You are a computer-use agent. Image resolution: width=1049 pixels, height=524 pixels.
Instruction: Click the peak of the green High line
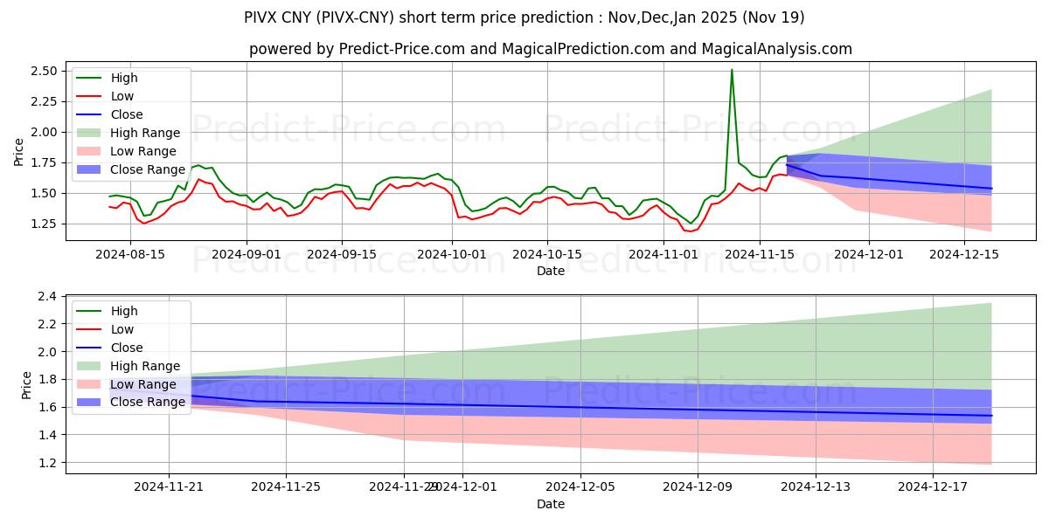pyautogui.click(x=732, y=70)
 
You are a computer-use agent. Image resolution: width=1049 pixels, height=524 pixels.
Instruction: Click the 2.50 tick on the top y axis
pyautogui.click(x=45, y=71)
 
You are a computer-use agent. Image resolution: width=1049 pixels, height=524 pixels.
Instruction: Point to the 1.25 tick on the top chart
pyautogui.click(x=45, y=224)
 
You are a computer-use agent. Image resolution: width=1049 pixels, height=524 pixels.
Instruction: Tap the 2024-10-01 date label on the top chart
pyautogui.click(x=453, y=253)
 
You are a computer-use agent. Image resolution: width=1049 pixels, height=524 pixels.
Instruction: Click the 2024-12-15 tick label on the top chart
pyautogui.click(x=963, y=253)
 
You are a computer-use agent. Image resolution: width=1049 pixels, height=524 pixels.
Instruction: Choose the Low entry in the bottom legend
pyautogui.click(x=123, y=329)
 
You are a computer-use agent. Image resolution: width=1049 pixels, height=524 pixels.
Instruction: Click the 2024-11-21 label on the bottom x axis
pyautogui.click(x=169, y=486)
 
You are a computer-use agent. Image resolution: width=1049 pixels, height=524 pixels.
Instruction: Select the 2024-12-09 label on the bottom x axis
pyautogui.click(x=698, y=486)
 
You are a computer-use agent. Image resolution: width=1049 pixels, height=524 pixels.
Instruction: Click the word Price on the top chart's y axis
pyautogui.click(x=19, y=151)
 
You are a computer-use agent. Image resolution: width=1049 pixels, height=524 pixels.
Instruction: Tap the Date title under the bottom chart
pyautogui.click(x=550, y=504)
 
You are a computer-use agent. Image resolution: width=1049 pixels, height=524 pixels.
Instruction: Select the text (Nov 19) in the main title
pyautogui.click(x=773, y=17)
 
